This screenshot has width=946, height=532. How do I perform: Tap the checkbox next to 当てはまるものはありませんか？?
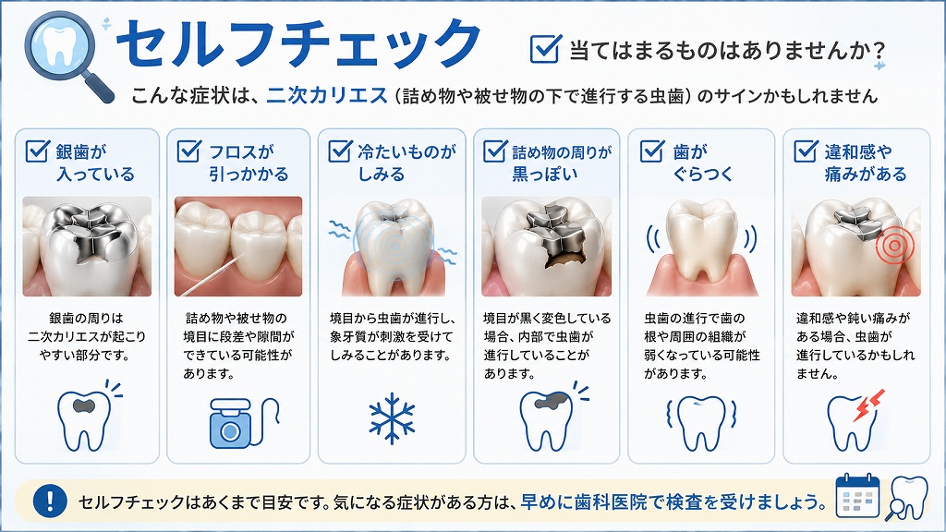tap(545, 48)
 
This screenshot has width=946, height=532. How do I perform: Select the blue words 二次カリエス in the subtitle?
tap(327, 95)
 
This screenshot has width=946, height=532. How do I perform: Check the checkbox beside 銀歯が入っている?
tap(37, 151)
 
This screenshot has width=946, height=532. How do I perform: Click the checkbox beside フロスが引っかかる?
tap(188, 151)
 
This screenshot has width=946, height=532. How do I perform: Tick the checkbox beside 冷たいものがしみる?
tap(340, 151)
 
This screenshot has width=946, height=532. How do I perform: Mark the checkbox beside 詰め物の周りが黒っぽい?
tap(495, 151)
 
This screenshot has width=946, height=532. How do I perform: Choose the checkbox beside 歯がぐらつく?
tap(651, 151)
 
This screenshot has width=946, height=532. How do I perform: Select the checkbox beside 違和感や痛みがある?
tap(806, 151)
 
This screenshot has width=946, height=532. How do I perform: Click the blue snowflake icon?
tap(392, 418)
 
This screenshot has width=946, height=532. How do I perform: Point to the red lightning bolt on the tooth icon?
tap(869, 405)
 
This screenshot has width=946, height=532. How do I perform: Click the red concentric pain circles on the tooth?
tap(894, 245)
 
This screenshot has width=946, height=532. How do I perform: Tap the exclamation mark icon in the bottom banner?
tap(50, 501)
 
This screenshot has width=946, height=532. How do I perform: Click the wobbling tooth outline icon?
tap(702, 423)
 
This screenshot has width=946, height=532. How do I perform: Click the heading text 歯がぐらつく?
tap(702, 163)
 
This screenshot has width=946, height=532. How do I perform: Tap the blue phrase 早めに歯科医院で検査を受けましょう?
tap(673, 502)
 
